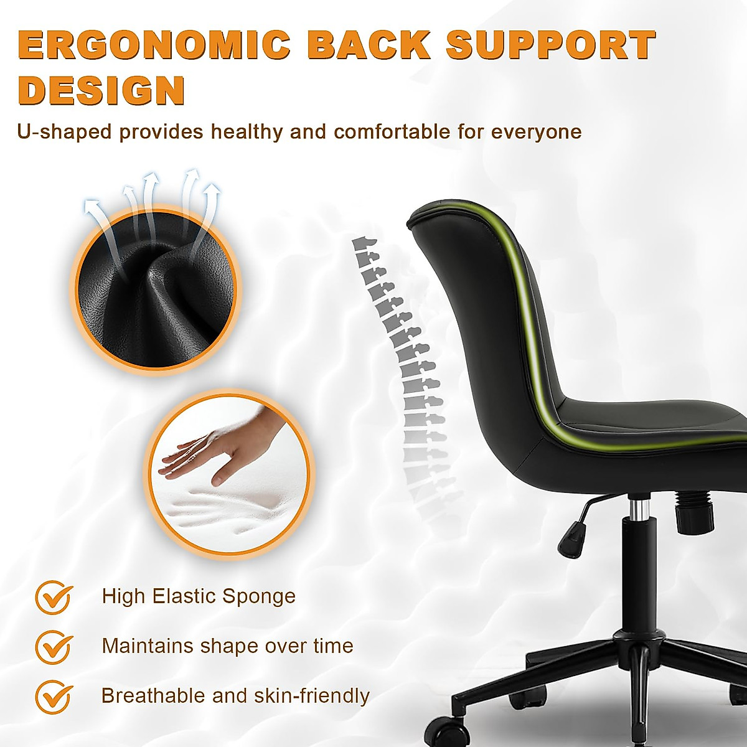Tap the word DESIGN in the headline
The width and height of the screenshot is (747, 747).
coord(101,90)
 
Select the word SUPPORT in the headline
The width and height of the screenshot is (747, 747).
coord(552,45)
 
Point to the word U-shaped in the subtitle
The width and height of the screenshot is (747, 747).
coord(65,132)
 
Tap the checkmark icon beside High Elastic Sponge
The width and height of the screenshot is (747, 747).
coord(54,597)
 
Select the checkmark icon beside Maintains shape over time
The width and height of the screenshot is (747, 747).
coord(54,647)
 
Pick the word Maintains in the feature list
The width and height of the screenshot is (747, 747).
coord(148,646)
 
